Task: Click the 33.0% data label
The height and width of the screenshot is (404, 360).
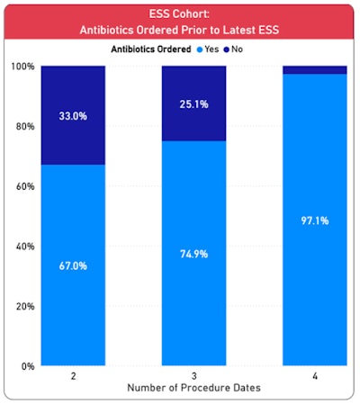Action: (73, 115)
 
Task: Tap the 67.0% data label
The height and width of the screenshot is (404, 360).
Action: (73, 266)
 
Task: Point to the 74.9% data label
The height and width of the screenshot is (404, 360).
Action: (193, 254)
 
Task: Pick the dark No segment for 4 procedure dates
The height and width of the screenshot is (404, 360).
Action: (315, 69)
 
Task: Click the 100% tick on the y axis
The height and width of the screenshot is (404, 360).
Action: (22, 67)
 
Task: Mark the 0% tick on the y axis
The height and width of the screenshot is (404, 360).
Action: (27, 366)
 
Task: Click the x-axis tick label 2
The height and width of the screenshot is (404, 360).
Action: (73, 377)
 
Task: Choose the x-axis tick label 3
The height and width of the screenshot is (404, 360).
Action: (193, 377)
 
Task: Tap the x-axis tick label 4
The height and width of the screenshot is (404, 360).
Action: (315, 377)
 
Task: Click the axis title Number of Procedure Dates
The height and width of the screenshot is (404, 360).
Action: (193, 388)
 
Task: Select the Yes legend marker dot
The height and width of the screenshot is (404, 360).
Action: (225, 49)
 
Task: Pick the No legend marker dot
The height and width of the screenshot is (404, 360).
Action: (252, 49)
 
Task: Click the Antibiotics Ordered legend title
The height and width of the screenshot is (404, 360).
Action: (170, 49)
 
